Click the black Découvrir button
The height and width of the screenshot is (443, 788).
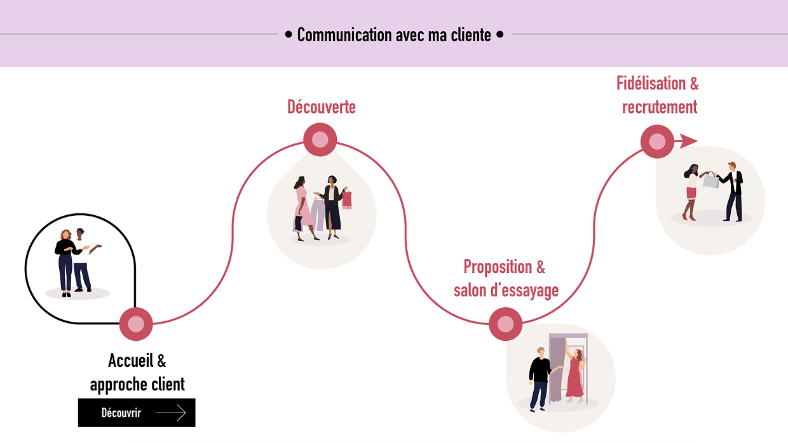[x=137, y=413]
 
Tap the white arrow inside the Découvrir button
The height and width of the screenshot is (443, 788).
[x=171, y=413]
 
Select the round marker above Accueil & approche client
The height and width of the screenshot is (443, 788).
[x=136, y=324]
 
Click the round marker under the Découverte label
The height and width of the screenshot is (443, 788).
[x=320, y=140]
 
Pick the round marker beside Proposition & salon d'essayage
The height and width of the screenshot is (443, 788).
[x=506, y=324]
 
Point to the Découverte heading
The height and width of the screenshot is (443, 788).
[x=321, y=107]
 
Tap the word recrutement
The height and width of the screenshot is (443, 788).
[x=660, y=107]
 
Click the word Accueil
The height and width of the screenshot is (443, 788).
[x=131, y=360]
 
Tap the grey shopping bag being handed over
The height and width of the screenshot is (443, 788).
[x=710, y=181]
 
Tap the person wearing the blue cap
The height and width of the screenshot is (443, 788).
[x=80, y=259]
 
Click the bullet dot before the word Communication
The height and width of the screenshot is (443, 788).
[x=289, y=34]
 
